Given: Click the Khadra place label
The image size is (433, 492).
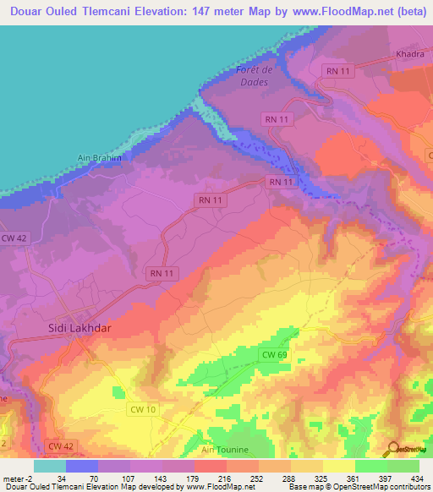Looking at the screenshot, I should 409,54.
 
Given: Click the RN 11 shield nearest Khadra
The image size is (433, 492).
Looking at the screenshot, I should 340,71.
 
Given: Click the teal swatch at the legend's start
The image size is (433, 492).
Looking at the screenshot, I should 50,466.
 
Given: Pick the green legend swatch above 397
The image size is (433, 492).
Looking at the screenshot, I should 371,466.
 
